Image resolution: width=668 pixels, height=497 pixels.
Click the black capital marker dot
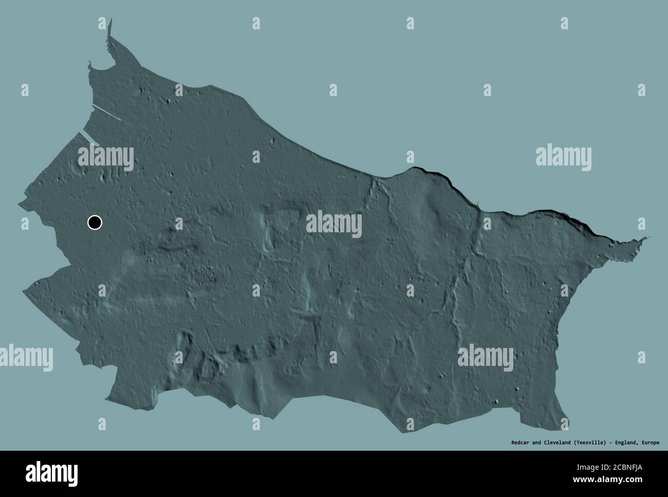(95, 223)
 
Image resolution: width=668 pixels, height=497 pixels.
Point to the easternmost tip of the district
(647, 237)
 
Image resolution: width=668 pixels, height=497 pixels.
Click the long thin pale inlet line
(106, 113)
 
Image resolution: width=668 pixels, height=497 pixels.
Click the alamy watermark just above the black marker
(105, 157)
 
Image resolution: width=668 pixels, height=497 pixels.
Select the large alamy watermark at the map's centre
(333, 225)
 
